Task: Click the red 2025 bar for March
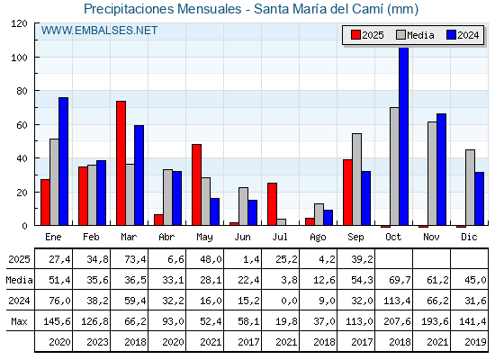(121, 163)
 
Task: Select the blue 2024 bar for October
(403, 136)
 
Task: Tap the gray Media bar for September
(356, 179)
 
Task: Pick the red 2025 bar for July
(272, 204)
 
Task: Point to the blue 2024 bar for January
(63, 161)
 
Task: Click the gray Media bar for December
(470, 187)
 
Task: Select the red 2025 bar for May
(197, 184)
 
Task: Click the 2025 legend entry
(367, 35)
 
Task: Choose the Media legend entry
(415, 35)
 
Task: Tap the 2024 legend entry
(463, 35)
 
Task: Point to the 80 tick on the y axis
(22, 91)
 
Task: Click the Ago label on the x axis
(318, 238)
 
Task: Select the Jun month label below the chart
(242, 238)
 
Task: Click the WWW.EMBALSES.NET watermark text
(99, 31)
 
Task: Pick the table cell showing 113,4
(397, 301)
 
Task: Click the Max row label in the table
(19, 321)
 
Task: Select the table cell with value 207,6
(397, 321)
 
